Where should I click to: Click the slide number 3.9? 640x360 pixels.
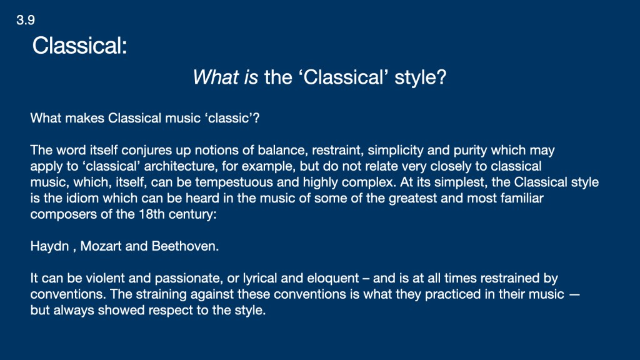click(x=25, y=20)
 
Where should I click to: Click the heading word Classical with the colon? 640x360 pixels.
click(x=79, y=45)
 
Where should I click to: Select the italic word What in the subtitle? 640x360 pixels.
click(x=216, y=77)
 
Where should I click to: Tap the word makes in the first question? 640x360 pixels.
click(x=84, y=118)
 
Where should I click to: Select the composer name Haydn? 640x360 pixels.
click(x=49, y=246)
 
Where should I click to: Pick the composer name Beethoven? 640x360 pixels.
click(x=185, y=246)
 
